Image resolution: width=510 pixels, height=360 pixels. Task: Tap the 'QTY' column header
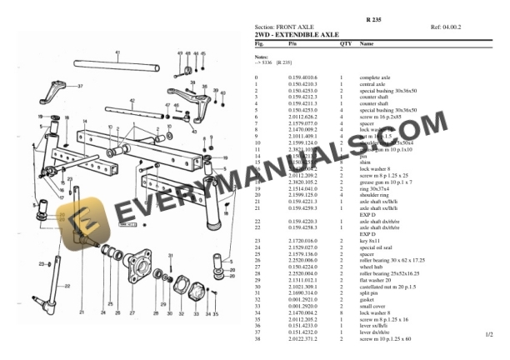pos(345,42)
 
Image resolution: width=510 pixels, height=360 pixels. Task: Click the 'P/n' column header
pos(292,42)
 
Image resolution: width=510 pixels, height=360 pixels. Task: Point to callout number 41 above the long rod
pos(117,53)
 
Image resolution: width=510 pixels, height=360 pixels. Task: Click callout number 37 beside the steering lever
pos(81,86)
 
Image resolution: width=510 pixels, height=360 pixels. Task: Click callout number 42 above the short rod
pos(132,101)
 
